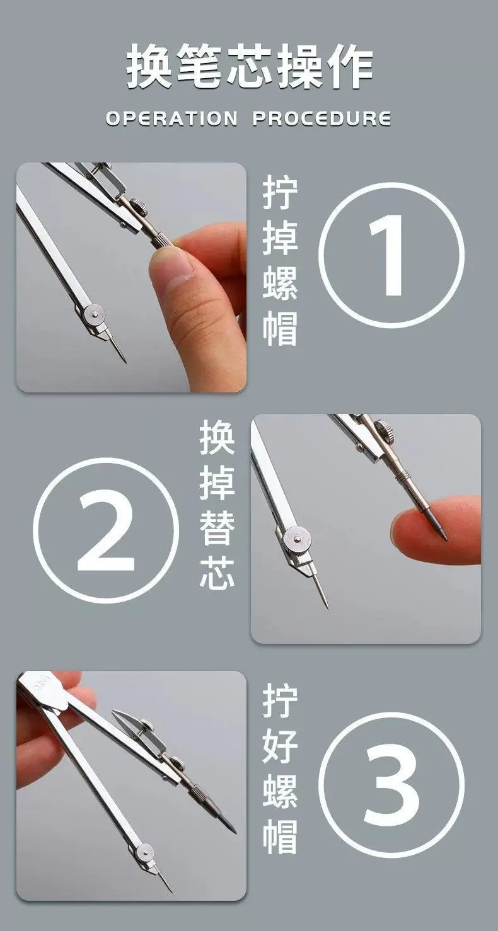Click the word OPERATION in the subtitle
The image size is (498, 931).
pos(171,119)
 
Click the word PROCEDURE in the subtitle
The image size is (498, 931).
pos(321,119)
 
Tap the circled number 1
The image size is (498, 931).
pos(391,255)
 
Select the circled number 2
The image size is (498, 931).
pos(106,530)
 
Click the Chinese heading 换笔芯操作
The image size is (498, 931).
pos(249,67)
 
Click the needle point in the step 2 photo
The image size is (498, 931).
pos(327,607)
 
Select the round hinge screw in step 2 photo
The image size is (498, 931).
pos(296,538)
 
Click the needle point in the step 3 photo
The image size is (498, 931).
pos(171,891)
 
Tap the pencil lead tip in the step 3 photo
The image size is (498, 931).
pos(235,833)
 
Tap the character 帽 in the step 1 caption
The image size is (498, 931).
pos(280,329)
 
